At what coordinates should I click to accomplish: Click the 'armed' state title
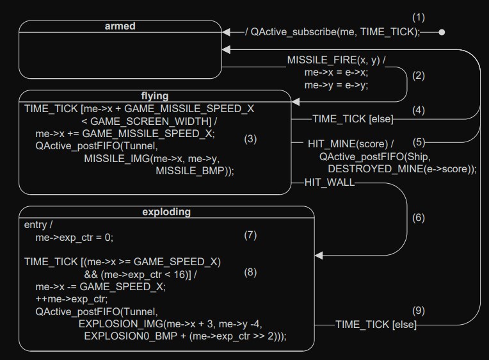120,26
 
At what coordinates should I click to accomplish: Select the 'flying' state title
154,96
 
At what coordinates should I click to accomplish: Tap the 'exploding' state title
166,212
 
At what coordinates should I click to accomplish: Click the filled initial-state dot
442,31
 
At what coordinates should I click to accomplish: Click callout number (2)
419,75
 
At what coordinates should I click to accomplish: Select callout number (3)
250,138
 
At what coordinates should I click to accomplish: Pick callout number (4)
418,110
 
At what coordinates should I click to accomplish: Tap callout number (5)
419,142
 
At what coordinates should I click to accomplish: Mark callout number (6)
419,218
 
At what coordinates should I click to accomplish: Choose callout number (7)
250,235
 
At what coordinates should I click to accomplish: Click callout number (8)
250,272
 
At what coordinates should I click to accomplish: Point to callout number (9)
419,311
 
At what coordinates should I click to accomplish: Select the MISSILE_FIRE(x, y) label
336,60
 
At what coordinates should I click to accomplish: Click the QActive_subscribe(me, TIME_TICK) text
335,31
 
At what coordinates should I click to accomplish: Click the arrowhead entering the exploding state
319,256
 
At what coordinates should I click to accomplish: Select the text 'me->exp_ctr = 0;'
74,237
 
